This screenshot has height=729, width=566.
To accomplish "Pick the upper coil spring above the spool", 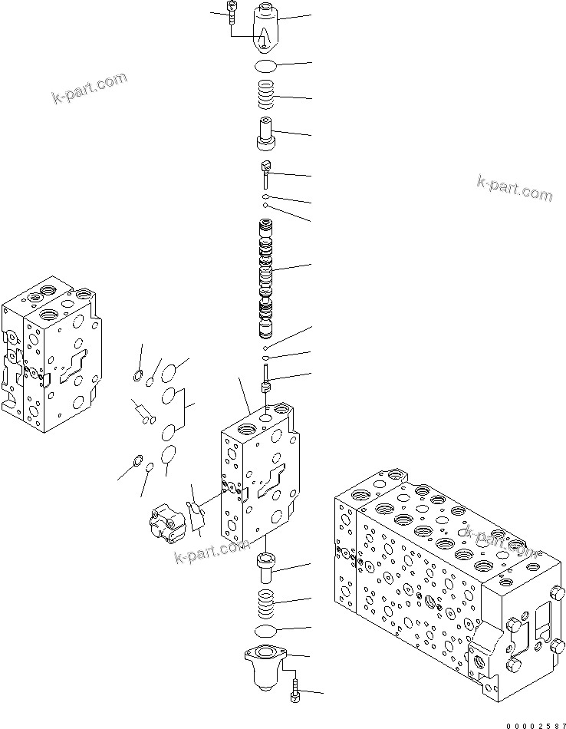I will [x=266, y=97].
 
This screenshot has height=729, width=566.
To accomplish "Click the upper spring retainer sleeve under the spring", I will [x=266, y=134].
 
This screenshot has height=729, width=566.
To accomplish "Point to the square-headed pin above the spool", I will [x=265, y=173].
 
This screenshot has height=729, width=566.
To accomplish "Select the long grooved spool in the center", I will [x=266, y=280].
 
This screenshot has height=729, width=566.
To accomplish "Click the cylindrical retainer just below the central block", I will [x=265, y=570].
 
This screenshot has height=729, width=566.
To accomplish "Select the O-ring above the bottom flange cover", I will [x=265, y=630].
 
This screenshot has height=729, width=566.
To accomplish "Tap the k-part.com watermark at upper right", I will [x=513, y=188].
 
